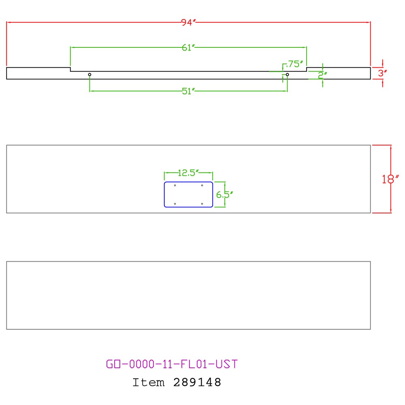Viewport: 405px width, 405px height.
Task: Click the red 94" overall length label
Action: click(x=188, y=22)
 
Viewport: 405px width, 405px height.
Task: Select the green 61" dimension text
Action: click(x=188, y=47)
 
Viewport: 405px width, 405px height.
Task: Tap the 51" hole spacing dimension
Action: click(x=188, y=91)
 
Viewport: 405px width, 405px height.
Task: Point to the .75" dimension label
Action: click(x=294, y=64)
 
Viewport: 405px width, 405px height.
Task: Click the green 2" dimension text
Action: click(x=322, y=75)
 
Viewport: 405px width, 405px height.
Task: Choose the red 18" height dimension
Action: click(x=390, y=179)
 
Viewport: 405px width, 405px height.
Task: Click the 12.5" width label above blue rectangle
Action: click(x=188, y=173)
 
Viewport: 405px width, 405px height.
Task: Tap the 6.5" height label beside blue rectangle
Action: click(x=224, y=194)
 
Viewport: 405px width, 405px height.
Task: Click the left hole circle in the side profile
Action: click(x=90, y=75)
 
